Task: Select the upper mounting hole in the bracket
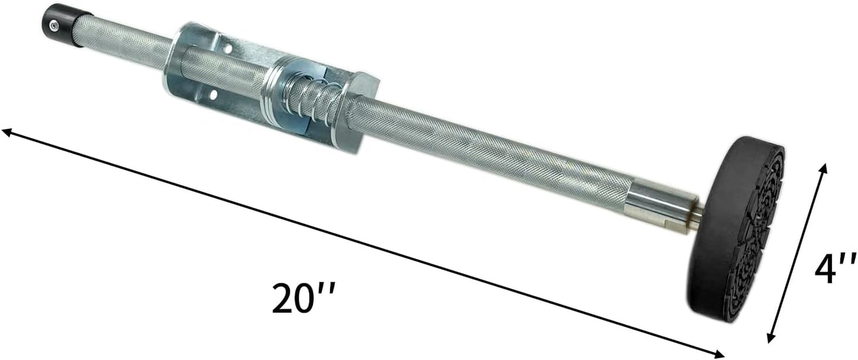(228, 49)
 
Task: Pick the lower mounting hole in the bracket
(213, 94)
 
